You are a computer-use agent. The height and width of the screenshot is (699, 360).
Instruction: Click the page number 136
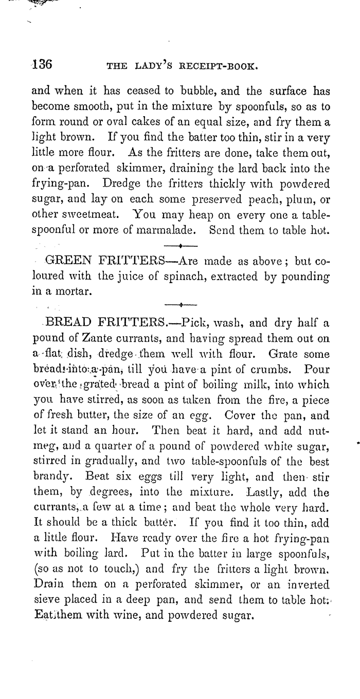point(41,65)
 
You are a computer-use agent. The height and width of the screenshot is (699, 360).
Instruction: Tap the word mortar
point(76,291)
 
